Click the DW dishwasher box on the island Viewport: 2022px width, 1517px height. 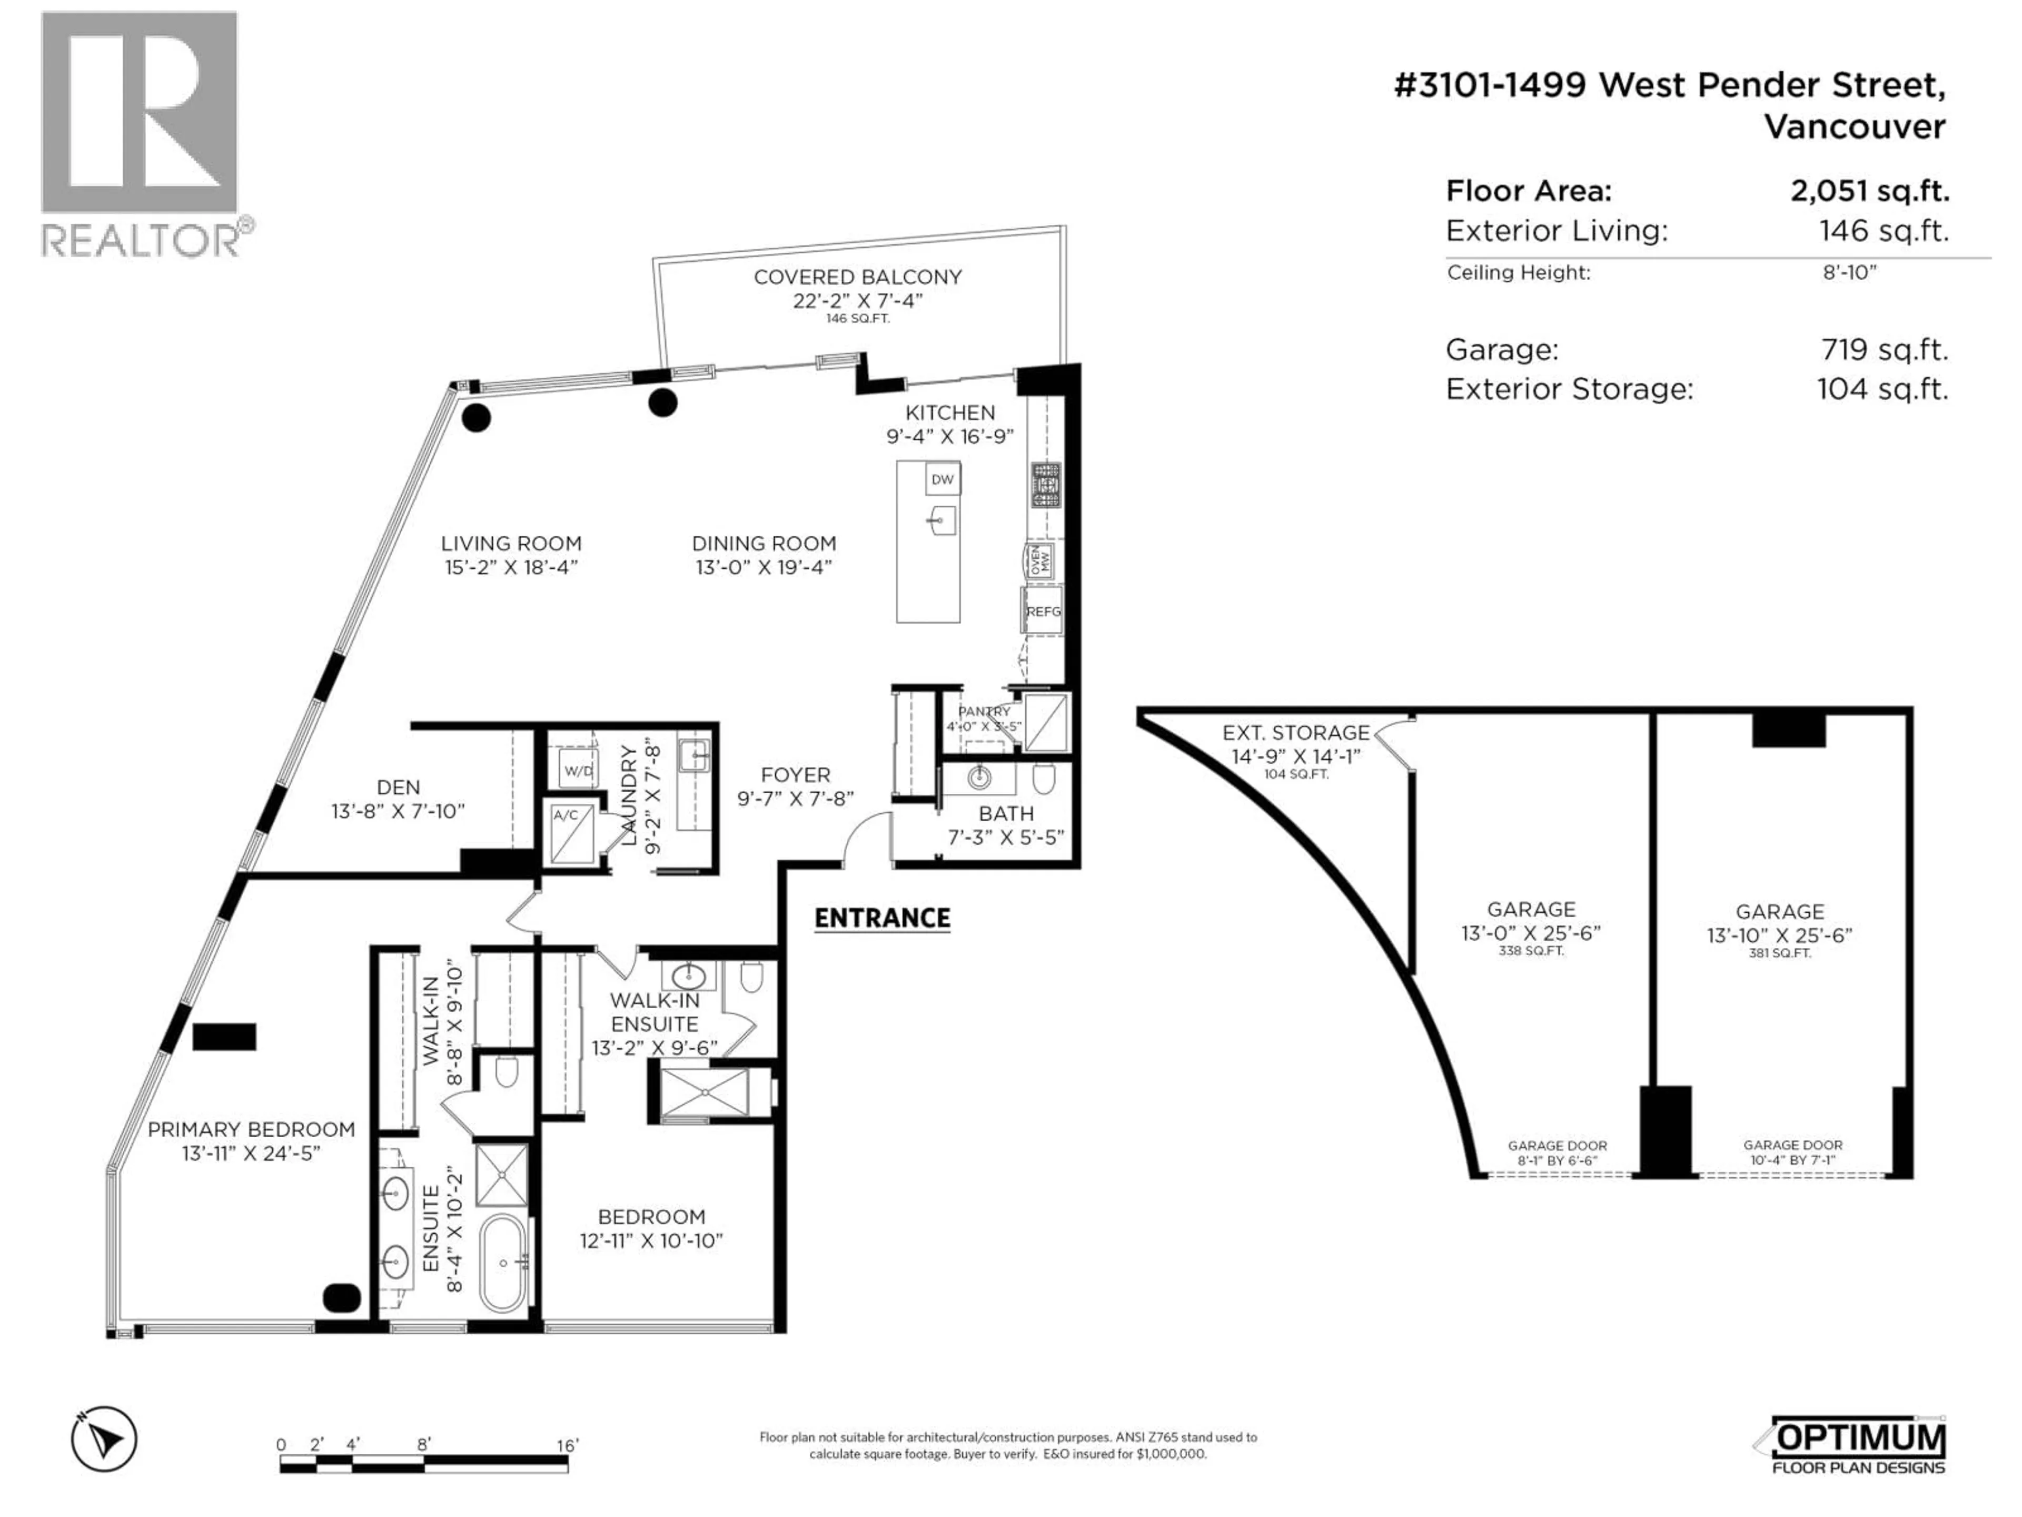943,479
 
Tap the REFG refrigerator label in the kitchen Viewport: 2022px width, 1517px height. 1043,612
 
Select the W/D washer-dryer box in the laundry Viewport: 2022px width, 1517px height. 578,770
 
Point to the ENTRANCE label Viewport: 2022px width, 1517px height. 882,918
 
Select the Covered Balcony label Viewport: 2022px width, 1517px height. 857,277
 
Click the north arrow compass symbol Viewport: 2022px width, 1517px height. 104,1439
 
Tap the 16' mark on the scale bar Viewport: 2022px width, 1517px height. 568,1446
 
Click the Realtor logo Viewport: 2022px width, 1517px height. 142,133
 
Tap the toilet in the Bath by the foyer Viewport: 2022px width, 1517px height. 1044,779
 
